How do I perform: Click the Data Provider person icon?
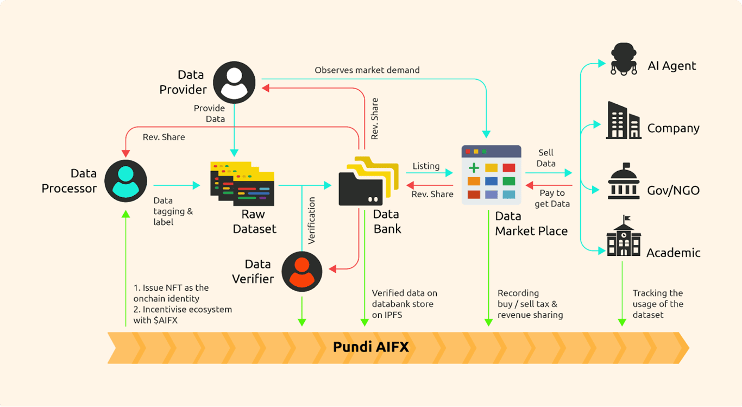tap(234, 83)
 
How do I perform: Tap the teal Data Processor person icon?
tap(125, 181)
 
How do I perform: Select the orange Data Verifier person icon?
tap(302, 271)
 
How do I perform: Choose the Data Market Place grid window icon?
tap(491, 175)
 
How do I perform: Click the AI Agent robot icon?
tap(624, 59)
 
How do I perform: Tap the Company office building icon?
tap(623, 121)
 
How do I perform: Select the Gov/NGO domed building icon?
tap(624, 182)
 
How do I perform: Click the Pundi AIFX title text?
tap(370, 347)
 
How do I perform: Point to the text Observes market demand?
tap(367, 70)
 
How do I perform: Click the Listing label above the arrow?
tap(426, 166)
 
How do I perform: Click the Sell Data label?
tap(546, 158)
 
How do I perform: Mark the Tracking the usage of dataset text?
tap(658, 304)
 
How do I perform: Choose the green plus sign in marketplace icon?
tap(474, 168)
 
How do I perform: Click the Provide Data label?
tap(210, 114)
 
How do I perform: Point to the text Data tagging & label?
tap(173, 211)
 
